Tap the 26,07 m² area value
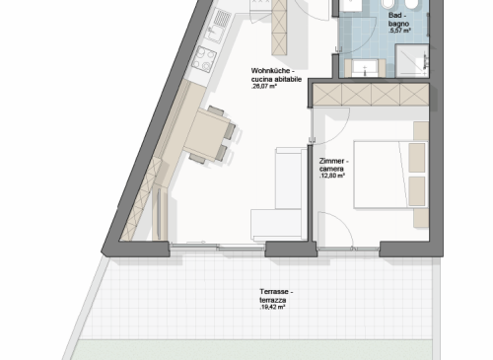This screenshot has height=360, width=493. point(263,87)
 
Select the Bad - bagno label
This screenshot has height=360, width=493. point(398,20)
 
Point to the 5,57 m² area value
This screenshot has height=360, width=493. point(399,31)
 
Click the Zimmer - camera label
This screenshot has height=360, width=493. point(333,165)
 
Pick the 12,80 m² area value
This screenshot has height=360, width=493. point(332,176)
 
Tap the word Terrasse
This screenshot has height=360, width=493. point(274,292)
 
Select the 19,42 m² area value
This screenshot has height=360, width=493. point(272,308)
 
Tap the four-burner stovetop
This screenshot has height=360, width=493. point(204,58)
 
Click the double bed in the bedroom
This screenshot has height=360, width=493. point(390,175)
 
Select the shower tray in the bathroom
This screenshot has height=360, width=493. point(412,61)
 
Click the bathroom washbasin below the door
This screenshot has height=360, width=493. point(365,68)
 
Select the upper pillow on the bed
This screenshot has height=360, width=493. point(417,158)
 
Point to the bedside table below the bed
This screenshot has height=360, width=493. point(421,218)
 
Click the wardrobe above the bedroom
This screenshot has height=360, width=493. point(371,95)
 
